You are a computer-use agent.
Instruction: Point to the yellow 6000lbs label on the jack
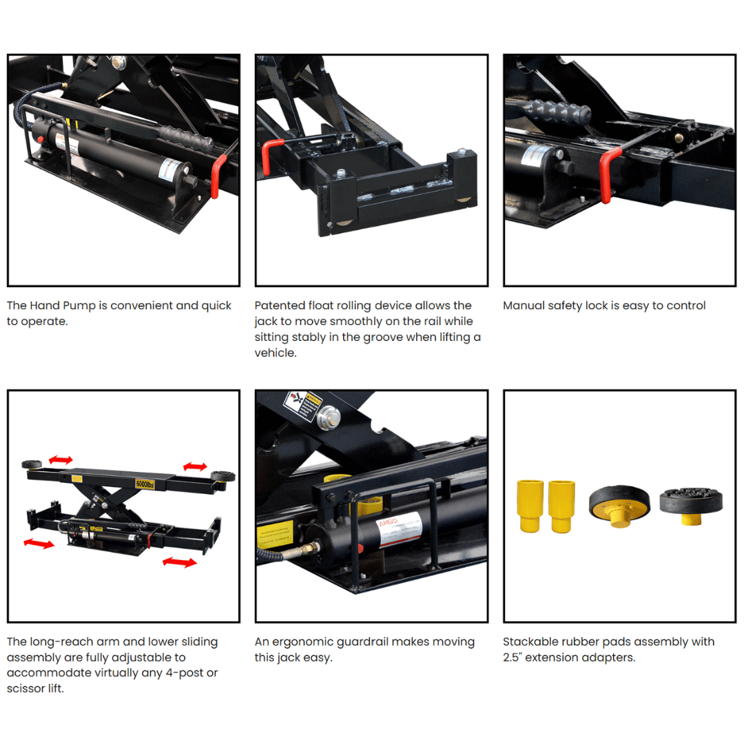point(145,483)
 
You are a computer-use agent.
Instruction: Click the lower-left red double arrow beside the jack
point(39,544)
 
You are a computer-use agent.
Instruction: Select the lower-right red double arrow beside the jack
point(179,563)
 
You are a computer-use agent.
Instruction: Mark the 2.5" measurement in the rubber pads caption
point(514,658)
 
